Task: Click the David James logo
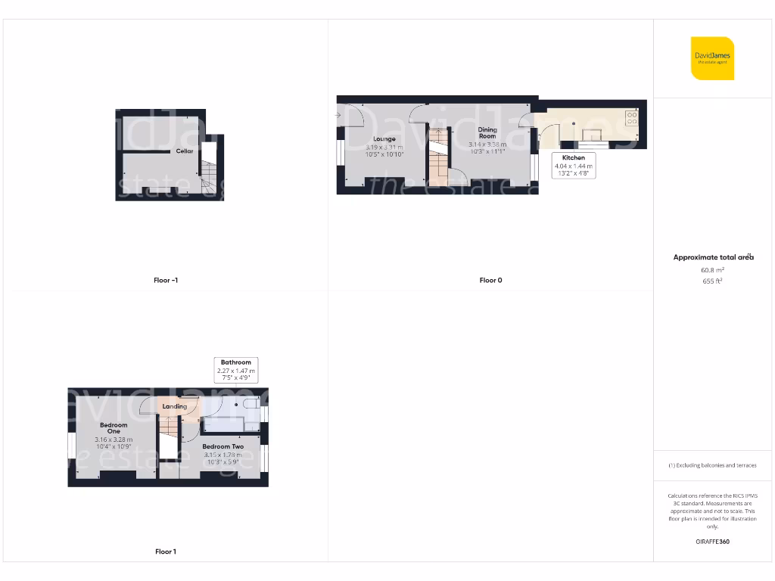pos(711,58)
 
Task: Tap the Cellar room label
pos(185,151)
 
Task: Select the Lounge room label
pos(384,139)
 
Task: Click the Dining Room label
pos(487,133)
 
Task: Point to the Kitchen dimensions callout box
pos(574,166)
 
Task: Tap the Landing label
pos(175,406)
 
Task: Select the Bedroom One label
pos(114,428)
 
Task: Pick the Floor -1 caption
pos(166,281)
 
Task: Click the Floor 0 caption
pos(490,281)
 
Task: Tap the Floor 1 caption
pos(166,552)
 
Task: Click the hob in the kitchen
pos(631,118)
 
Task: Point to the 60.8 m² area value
pos(713,269)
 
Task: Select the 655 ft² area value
pos(713,281)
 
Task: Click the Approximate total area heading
pos(713,257)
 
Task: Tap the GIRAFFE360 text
pos(712,542)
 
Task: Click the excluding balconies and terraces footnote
pos(712,465)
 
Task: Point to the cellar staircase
pos(210,177)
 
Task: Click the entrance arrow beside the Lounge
pos(340,116)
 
